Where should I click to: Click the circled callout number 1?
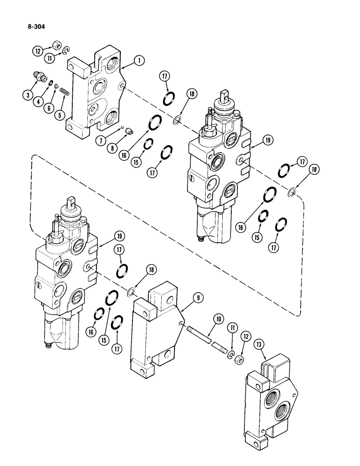(138, 60)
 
